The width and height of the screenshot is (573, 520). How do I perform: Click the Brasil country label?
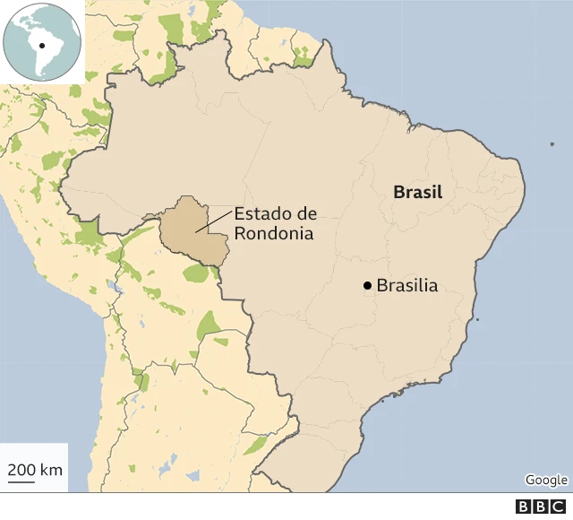click(x=418, y=193)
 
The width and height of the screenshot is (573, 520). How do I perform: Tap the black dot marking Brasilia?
click(x=367, y=286)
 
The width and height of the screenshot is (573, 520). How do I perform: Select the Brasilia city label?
click(x=407, y=286)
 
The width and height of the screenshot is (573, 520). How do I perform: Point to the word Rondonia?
click(x=274, y=234)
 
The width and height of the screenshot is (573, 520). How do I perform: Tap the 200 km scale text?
click(x=35, y=470)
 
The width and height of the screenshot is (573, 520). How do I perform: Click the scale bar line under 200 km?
click(x=21, y=482)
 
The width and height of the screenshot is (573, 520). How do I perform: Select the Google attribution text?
click(x=546, y=480)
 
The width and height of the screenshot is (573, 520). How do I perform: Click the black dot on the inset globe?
click(x=41, y=42)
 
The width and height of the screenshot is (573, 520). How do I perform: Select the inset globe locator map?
click(x=42, y=41)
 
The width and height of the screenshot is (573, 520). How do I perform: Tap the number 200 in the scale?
click(x=22, y=470)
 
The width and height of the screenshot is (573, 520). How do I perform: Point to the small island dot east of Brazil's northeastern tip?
click(x=552, y=143)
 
